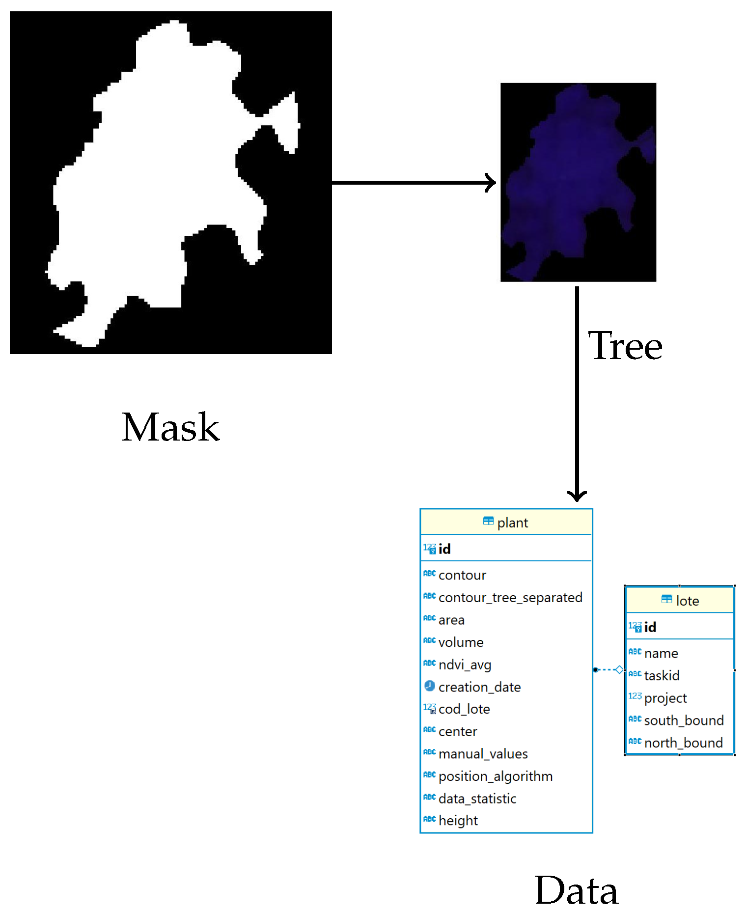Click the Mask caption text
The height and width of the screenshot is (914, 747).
click(170, 427)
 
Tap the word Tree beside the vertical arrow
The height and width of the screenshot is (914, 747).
click(625, 346)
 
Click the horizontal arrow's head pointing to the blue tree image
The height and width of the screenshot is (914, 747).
click(491, 183)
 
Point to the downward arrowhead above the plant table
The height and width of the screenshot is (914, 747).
click(577, 495)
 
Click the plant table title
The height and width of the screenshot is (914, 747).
click(512, 523)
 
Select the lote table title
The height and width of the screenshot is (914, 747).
click(687, 601)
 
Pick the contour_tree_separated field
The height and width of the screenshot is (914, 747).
click(510, 598)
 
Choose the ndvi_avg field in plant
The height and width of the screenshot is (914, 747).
click(465, 665)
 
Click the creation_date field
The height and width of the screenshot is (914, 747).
click(479, 687)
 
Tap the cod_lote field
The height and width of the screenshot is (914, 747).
click(464, 709)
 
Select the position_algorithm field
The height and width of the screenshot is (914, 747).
click(495, 776)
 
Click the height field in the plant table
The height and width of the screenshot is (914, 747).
click(458, 821)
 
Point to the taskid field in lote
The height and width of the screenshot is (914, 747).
click(662, 676)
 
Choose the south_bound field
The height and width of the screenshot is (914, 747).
click(684, 720)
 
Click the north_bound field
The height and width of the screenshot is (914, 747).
click(683, 743)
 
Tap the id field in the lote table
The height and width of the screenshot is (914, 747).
click(650, 627)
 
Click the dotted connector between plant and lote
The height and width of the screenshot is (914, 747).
click(608, 669)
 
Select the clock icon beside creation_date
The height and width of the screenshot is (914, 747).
click(430, 686)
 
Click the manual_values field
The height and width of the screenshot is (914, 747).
click(483, 754)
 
